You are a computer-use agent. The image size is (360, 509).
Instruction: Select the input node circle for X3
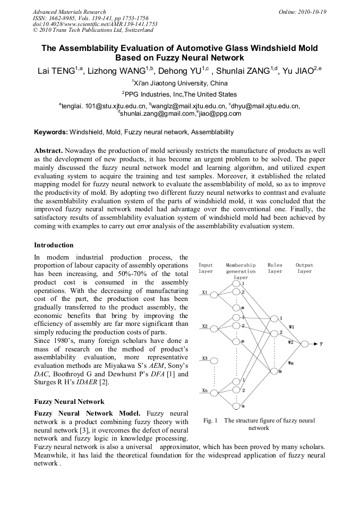pyautogui.click(x=215, y=360)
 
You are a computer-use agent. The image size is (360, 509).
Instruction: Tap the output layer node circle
pyautogui.click(x=305, y=344)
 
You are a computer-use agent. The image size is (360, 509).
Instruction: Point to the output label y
pyautogui.click(x=321, y=344)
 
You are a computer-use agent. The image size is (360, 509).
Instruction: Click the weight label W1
pyautogui.click(x=292, y=327)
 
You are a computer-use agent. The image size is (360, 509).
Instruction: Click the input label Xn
pyautogui.click(x=204, y=390)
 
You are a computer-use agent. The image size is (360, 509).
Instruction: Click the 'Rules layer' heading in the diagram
pyautogui.click(x=275, y=268)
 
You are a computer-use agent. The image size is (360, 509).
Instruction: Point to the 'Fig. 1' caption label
pyautogui.click(x=211, y=420)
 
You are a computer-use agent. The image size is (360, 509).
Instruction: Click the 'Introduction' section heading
pyautogui.click(x=54, y=245)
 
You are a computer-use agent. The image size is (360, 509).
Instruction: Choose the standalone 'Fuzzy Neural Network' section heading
pyautogui.click(x=69, y=402)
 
